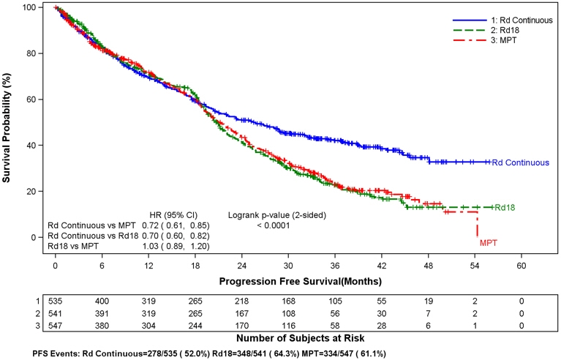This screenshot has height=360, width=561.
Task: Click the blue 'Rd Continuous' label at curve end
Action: [x=520, y=162]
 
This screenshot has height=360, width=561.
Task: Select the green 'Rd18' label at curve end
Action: [x=505, y=208]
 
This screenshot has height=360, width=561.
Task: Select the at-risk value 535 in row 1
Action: [x=56, y=301]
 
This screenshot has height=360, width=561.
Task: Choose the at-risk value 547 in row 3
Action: [x=56, y=324]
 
